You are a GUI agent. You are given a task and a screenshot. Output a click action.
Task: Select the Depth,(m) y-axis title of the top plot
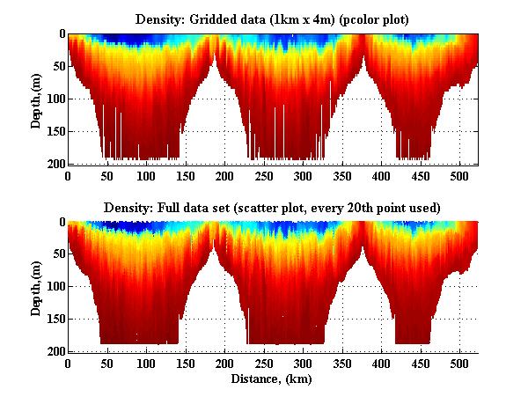pos(36,99)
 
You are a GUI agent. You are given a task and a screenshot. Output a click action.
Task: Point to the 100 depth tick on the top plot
pos(52,99)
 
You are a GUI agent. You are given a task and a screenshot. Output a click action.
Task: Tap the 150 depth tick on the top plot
pos(52,131)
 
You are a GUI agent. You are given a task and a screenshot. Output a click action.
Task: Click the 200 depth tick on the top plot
pos(52,164)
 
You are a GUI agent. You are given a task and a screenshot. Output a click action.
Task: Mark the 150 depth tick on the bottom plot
pos(52,319)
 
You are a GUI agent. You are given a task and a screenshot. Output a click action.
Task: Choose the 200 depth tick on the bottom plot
pos(52,351)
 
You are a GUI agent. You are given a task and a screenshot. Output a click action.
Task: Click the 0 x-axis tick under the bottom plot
pos(68,363)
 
